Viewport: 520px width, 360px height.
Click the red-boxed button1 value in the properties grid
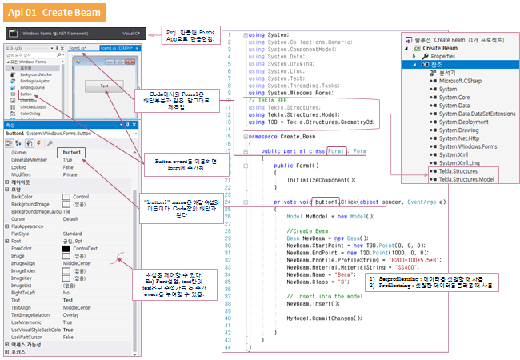pyautogui.click(x=71, y=152)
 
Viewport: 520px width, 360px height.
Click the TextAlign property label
pyautogui.click(x=22, y=284)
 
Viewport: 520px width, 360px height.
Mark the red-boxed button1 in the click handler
pyautogui.click(x=326, y=202)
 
